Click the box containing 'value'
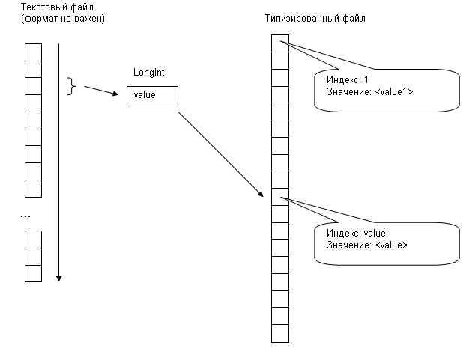(152, 95)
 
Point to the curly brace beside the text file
(73, 86)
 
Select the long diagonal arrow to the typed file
(220, 153)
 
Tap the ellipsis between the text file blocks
(25, 216)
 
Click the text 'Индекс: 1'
(348, 79)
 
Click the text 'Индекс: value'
(356, 234)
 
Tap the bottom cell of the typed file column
(279, 333)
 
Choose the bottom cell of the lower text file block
(33, 273)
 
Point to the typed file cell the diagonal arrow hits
(279, 196)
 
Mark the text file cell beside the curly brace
(33, 85)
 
